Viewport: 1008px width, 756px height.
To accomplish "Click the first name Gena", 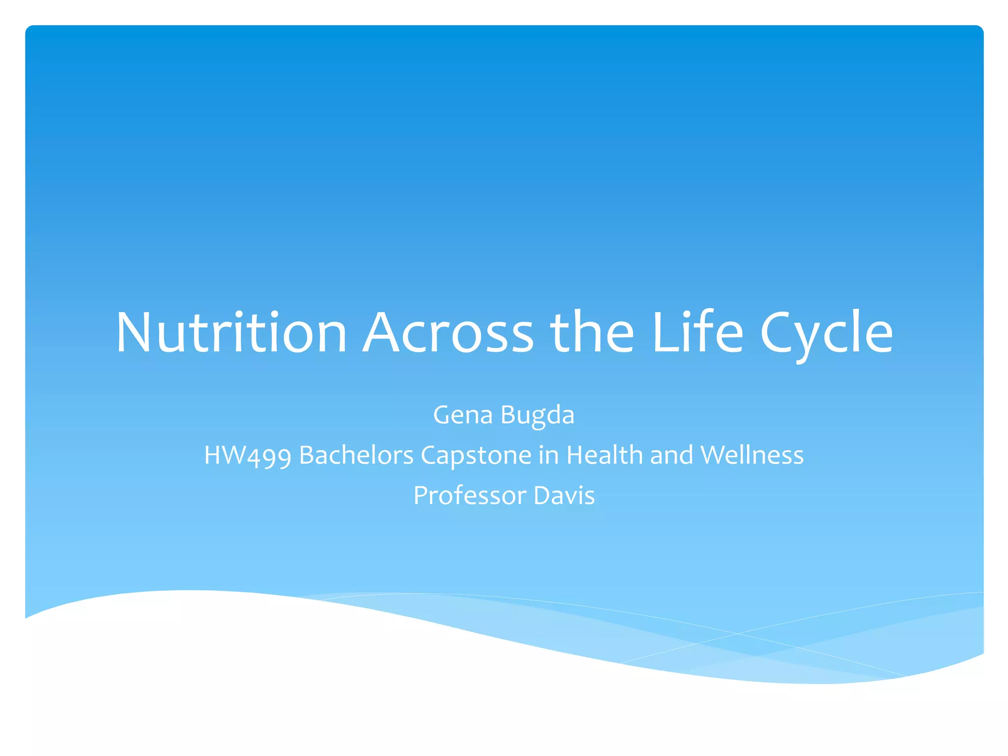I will coord(463,415).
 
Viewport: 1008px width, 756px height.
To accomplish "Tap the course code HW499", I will coord(248,455).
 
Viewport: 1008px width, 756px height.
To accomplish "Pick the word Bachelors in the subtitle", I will coord(356,455).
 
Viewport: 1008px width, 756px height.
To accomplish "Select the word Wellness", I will coord(752,455).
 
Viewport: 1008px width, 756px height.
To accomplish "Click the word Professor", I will coord(470,496).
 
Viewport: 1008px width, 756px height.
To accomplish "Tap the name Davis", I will coord(564,496).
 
